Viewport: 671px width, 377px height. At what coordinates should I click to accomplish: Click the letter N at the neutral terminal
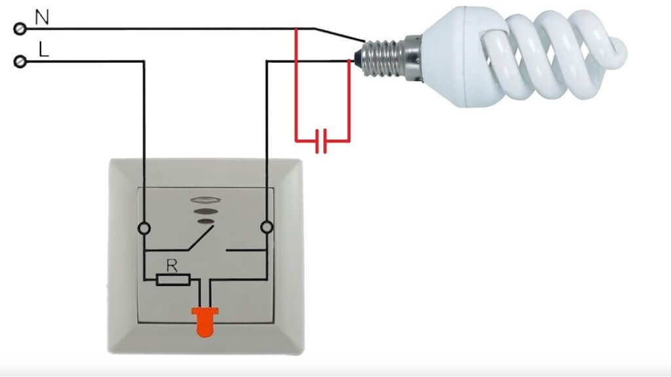41,17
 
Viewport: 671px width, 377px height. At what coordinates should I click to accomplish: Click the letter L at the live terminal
43,50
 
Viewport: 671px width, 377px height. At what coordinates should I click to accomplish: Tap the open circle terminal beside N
20,29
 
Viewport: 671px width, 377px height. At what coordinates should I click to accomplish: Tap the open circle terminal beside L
20,62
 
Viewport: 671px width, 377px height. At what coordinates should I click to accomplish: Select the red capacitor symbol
321,140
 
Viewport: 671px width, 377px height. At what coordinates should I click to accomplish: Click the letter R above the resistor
172,266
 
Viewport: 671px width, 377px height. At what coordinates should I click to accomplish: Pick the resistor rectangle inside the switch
173,280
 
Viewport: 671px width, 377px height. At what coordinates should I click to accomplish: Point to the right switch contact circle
266,228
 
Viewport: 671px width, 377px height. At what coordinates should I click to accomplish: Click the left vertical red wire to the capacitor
296,85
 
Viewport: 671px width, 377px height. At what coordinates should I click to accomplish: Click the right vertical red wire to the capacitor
349,98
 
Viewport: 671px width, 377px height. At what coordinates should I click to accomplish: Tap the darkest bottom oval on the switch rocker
205,222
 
